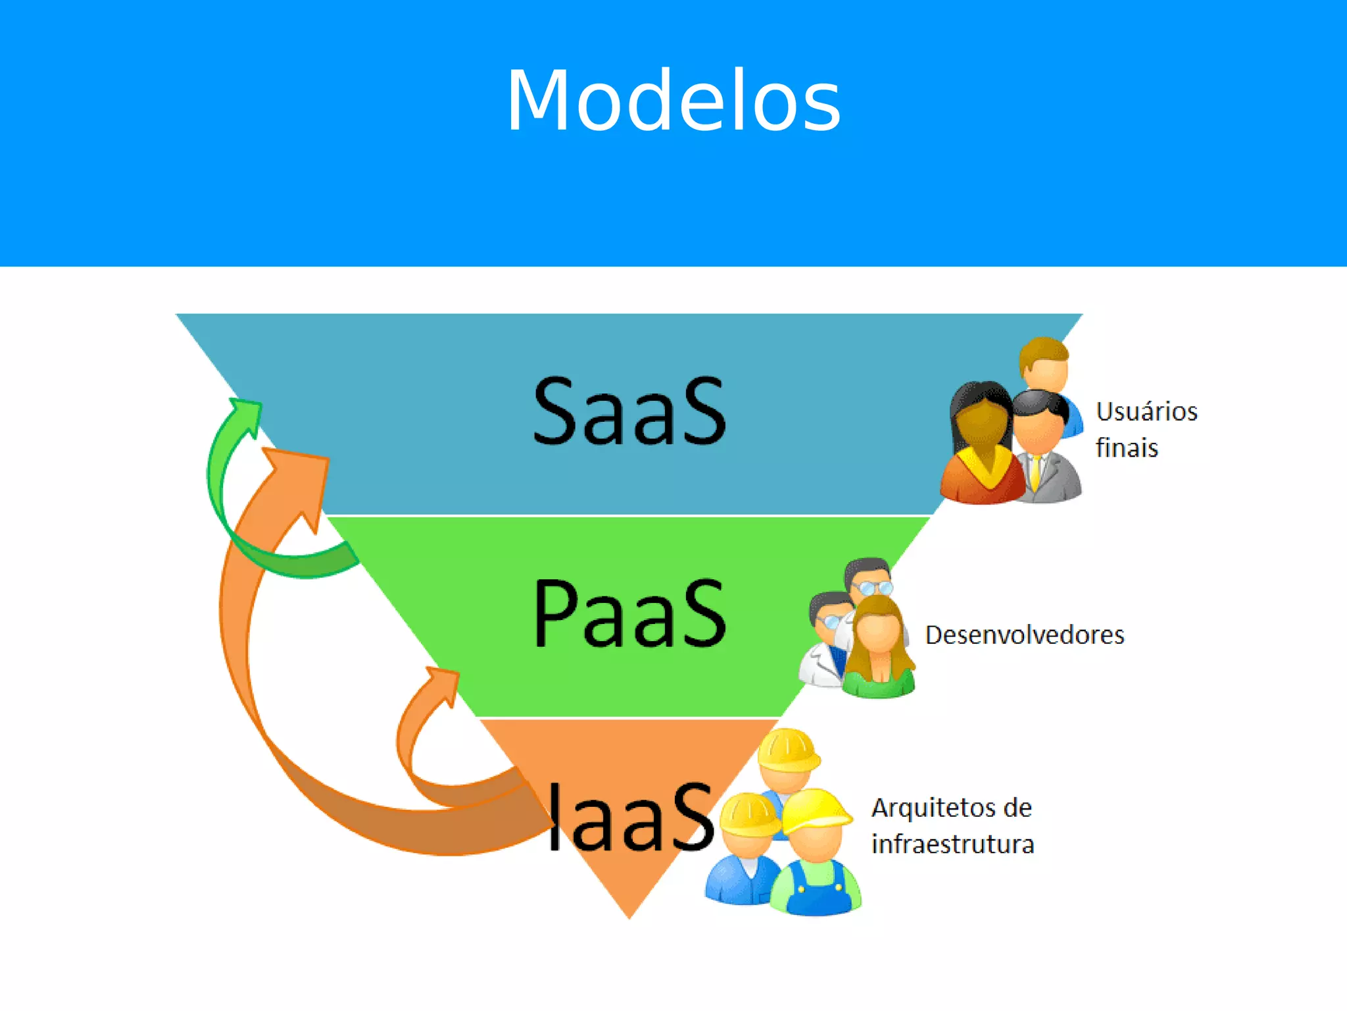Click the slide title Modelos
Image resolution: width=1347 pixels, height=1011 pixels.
click(673, 101)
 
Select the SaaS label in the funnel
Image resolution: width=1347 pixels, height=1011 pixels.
click(629, 411)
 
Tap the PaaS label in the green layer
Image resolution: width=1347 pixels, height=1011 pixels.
click(629, 613)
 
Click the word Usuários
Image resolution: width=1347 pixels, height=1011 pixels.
click(1146, 411)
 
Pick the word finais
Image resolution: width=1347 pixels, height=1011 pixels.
click(1127, 448)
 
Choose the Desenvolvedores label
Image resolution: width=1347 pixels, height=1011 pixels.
click(1025, 635)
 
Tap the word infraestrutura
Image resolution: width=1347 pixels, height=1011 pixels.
click(953, 844)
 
